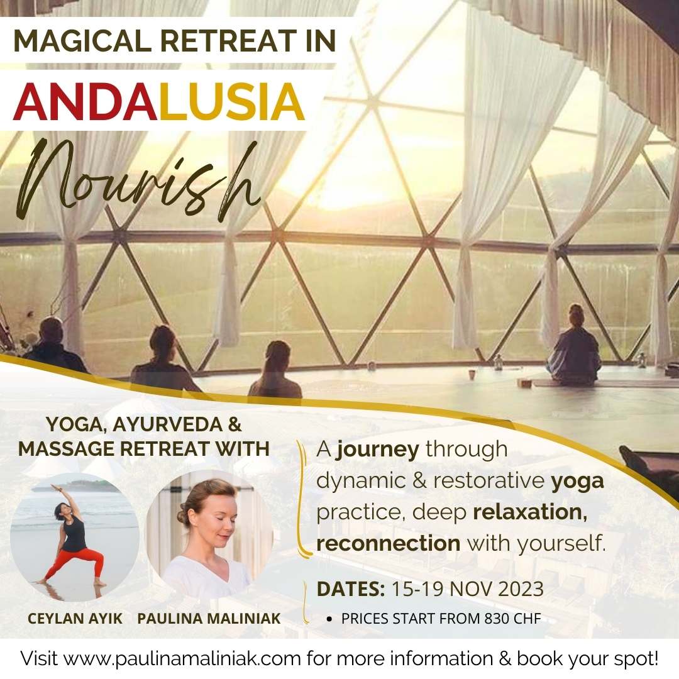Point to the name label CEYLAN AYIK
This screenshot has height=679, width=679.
[75, 618]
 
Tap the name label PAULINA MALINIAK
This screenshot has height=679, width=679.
[209, 618]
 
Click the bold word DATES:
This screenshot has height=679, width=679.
[351, 590]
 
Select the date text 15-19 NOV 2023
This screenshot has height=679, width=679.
[467, 590]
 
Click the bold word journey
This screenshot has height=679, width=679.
[377, 450]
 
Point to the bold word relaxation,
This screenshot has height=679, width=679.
[530, 512]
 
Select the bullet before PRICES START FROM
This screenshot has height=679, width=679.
[329, 619]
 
